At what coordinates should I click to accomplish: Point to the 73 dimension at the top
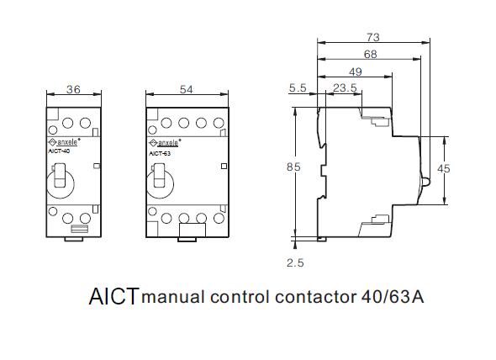click(373, 37)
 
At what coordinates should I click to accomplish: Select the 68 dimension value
click(370, 55)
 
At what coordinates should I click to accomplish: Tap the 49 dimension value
click(355, 71)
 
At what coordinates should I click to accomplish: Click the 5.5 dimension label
click(297, 87)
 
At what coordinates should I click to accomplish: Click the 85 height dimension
click(293, 167)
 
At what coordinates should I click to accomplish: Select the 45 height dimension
click(445, 168)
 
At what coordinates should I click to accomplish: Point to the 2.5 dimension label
click(295, 262)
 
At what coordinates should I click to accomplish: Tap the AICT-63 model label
click(160, 154)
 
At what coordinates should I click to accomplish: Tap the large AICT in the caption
click(113, 297)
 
